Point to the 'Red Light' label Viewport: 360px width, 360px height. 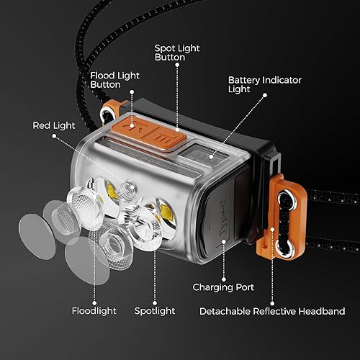click(x=54, y=125)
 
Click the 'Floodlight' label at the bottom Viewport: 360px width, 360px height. click(x=93, y=311)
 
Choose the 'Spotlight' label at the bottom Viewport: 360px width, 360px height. click(x=155, y=311)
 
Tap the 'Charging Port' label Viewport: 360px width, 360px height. click(x=223, y=287)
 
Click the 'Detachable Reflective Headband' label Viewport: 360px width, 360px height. click(x=273, y=311)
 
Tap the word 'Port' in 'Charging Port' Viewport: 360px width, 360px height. click(x=244, y=287)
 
